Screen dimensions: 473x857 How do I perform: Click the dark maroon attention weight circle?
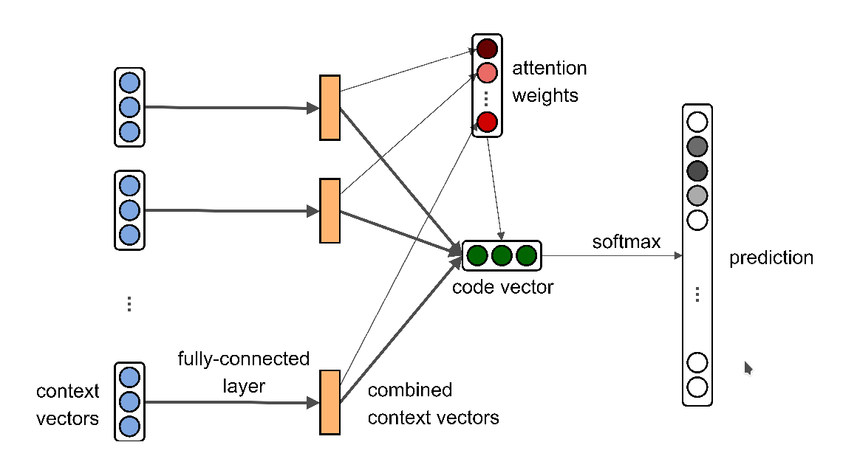point(487,49)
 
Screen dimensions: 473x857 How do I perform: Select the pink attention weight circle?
point(487,73)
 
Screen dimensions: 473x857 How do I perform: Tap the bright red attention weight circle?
point(487,122)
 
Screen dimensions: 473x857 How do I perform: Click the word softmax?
point(626,242)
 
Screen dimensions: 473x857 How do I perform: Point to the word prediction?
point(771,258)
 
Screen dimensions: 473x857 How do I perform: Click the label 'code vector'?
point(502,287)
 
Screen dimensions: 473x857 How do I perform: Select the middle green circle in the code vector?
point(502,255)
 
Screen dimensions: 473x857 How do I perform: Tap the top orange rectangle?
point(330,107)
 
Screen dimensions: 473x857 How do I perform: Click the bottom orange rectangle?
point(330,402)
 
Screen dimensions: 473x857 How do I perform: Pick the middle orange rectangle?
point(330,210)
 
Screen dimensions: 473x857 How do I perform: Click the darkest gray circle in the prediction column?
point(697,170)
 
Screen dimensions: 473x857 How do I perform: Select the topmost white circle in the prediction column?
point(697,122)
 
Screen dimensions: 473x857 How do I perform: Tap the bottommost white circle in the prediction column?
point(697,387)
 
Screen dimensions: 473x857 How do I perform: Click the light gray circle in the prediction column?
point(697,196)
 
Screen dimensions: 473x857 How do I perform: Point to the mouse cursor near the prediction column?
point(748,367)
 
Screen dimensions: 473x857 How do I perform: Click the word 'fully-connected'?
point(243,359)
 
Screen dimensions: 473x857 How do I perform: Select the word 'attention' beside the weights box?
point(549,69)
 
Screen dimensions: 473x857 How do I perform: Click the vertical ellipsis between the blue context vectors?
point(129,303)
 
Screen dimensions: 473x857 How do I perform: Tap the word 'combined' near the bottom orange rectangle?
point(409,390)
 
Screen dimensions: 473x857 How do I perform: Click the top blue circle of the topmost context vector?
point(129,82)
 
